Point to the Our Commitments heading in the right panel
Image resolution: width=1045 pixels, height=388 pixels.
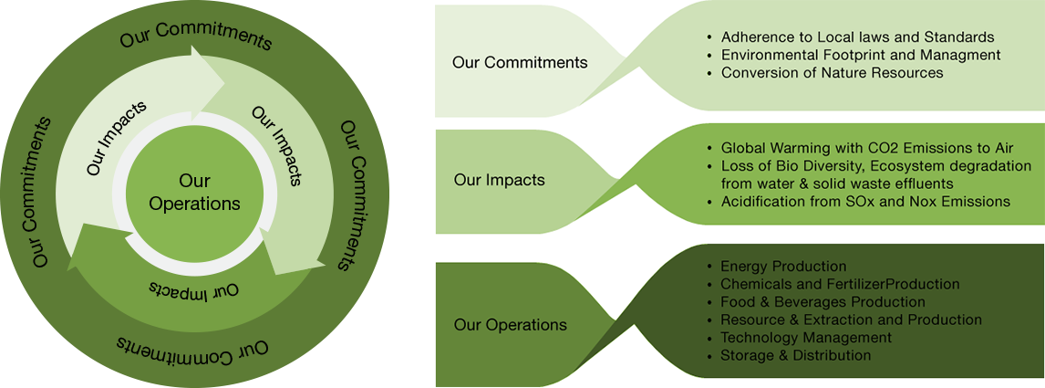[x=520, y=63]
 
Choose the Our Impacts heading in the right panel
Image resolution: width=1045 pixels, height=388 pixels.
[x=499, y=180]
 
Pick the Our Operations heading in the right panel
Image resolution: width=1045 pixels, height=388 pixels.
[x=510, y=324]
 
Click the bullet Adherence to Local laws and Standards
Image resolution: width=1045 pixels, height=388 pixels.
[x=856, y=37]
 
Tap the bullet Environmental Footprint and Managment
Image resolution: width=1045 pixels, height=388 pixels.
[x=860, y=55]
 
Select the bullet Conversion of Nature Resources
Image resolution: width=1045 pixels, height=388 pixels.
[x=831, y=72]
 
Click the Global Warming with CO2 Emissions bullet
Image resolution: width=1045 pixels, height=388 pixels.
[x=866, y=148]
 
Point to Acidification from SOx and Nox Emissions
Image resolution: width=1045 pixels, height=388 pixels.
[x=864, y=201]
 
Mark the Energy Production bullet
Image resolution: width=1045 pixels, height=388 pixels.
[x=782, y=267]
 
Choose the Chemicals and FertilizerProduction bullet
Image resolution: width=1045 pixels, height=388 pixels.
[x=839, y=284]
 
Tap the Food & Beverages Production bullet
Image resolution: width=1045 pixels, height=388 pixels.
[x=822, y=302]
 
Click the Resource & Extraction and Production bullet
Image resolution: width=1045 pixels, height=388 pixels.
[x=850, y=320]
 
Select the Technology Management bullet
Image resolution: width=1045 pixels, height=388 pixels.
[x=805, y=338]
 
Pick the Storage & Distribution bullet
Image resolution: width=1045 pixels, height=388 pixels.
[x=795, y=355]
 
